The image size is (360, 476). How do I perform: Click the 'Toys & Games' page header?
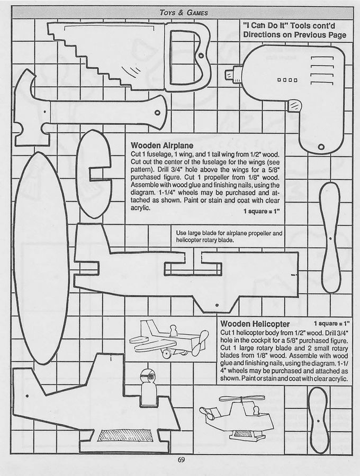(x=184, y=13)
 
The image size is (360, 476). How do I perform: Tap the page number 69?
(x=181, y=460)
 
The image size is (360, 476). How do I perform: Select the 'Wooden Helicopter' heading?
(x=255, y=324)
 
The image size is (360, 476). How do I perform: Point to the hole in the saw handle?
(x=201, y=57)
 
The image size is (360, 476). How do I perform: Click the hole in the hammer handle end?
(x=157, y=113)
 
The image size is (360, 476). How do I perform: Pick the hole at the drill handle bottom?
(x=321, y=147)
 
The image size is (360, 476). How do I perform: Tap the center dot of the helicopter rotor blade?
(x=318, y=421)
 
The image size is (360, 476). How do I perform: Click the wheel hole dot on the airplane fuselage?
(x=217, y=305)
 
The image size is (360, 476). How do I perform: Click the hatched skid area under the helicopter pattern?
(x=123, y=435)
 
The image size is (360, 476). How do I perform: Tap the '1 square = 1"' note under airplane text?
(x=262, y=211)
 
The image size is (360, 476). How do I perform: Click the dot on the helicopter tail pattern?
(x=27, y=396)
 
